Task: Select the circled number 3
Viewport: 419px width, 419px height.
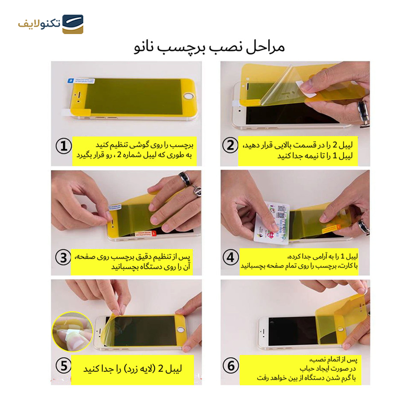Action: coord(63,257)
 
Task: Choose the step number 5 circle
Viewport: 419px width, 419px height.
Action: coord(63,366)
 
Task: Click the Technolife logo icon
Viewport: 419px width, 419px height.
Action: coord(72,24)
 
